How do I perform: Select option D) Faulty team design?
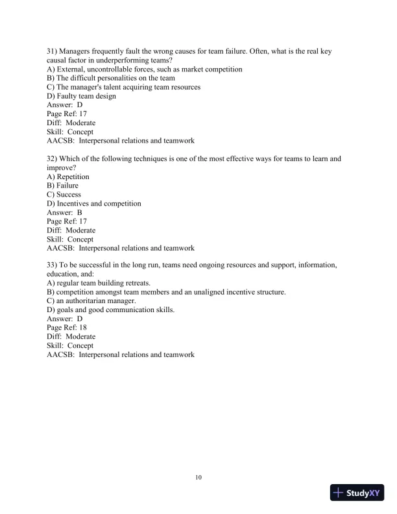pyautogui.click(x=82, y=96)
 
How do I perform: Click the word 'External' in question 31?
pyautogui.click(x=74, y=69)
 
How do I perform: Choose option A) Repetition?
pyautogui.click(x=68, y=177)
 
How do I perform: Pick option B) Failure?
pyautogui.click(x=63, y=186)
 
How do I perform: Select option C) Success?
pyautogui.click(x=64, y=195)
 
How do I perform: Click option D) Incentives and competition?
pyautogui.click(x=94, y=204)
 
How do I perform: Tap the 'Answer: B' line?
pyautogui.click(x=65, y=212)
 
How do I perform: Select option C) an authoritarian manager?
pyautogui.click(x=91, y=301)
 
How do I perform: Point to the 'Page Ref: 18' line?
pyautogui.click(x=67, y=328)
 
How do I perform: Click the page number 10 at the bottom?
pyautogui.click(x=198, y=478)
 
